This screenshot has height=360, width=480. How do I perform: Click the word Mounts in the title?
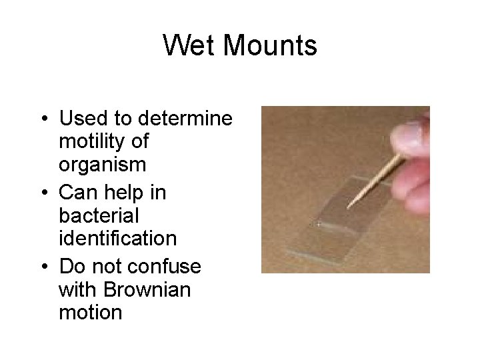(x=270, y=46)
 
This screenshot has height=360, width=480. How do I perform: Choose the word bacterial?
(x=99, y=216)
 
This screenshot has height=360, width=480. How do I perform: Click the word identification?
(x=117, y=239)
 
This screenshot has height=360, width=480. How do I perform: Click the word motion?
(x=90, y=312)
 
